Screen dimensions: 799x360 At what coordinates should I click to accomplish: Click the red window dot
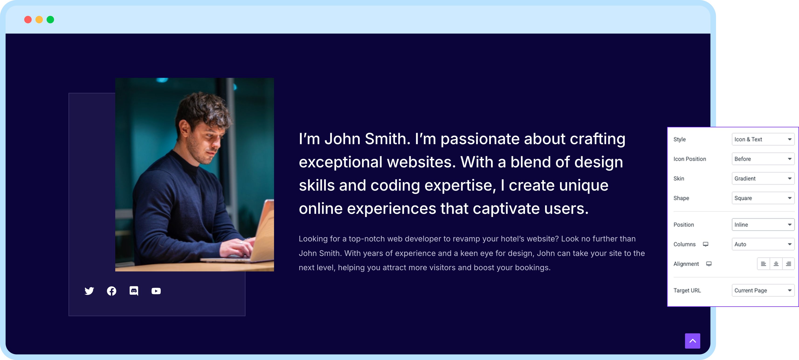(x=28, y=20)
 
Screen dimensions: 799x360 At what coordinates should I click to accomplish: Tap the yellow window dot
(x=39, y=20)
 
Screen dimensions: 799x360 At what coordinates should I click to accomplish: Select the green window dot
(x=50, y=20)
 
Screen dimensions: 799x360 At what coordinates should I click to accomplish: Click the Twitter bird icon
(x=89, y=291)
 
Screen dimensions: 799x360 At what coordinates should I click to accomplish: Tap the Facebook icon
(x=112, y=291)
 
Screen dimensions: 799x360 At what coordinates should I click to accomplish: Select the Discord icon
(x=134, y=291)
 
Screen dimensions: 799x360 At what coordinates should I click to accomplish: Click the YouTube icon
(x=156, y=291)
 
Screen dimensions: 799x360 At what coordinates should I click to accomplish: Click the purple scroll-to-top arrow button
(x=693, y=341)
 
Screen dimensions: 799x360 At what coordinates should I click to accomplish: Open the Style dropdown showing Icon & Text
(x=763, y=139)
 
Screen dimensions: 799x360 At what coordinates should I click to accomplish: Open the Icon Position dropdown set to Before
(x=763, y=159)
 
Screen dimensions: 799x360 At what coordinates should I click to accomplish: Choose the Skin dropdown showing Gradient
(x=763, y=178)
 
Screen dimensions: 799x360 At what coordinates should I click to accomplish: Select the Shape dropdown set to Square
(x=763, y=198)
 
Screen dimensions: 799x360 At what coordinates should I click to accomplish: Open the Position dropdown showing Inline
(x=763, y=225)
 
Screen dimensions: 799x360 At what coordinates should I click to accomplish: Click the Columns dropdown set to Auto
(x=763, y=244)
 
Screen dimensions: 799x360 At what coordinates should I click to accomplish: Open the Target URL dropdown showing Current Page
(x=763, y=291)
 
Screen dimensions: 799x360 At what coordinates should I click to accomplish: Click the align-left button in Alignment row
(x=763, y=264)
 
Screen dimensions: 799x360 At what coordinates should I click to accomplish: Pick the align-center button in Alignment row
(x=776, y=264)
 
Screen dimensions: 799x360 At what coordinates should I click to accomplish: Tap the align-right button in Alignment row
(x=788, y=264)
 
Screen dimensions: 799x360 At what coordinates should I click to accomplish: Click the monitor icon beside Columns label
(x=705, y=244)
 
